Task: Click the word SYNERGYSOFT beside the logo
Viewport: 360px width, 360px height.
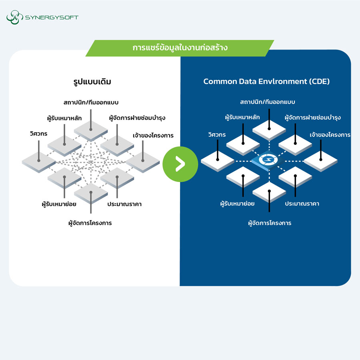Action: (52, 18)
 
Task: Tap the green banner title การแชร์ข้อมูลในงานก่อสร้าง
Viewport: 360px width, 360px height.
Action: (180, 48)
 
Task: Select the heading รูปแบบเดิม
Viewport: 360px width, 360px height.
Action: (90, 82)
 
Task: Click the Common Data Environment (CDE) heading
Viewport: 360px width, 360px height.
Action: (266, 82)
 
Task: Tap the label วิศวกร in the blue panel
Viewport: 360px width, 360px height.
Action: (217, 135)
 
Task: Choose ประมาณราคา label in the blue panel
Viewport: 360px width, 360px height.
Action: (302, 204)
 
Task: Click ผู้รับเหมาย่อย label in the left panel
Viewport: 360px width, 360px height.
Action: (58, 204)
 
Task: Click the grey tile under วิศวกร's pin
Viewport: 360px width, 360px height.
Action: (39, 162)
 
